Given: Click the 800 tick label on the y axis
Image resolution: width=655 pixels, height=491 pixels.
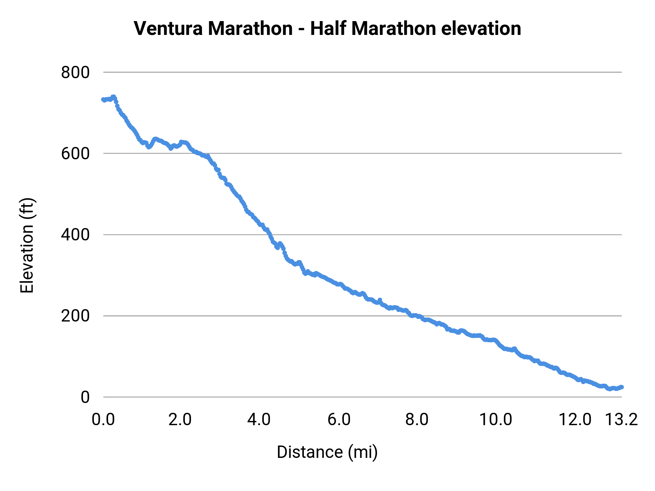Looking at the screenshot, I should tap(75, 72).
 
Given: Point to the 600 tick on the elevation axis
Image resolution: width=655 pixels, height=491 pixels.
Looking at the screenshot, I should tap(75, 153).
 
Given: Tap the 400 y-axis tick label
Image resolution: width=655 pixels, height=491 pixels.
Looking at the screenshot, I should tap(75, 235).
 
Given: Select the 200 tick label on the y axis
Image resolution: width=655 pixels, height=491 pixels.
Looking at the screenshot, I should tap(75, 316).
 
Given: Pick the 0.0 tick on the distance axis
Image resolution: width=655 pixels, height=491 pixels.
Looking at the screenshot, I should tap(103, 419).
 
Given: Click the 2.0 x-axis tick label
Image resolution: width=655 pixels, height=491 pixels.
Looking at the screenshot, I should tap(180, 419).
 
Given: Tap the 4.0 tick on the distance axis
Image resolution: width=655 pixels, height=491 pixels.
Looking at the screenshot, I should tap(259, 419).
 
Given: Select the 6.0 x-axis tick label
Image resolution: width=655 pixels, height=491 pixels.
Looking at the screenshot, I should tap(339, 419).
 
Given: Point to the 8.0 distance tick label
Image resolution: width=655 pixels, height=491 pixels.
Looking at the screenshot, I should tap(417, 419).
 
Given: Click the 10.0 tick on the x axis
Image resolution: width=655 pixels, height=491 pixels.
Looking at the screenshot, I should tap(496, 419).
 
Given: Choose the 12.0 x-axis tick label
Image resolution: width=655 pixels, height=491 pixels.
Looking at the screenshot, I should tap(575, 419).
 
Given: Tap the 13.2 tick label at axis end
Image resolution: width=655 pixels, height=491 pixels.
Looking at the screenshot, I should tap(622, 419).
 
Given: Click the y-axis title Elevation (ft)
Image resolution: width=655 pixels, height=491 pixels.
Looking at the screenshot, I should tap(27, 245).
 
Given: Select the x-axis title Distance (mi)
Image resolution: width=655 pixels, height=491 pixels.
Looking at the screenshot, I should tap(327, 452).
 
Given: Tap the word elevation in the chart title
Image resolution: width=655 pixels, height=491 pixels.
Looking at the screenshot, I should tap(481, 28).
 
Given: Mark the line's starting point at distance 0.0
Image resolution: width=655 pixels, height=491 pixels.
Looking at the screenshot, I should tap(104, 100).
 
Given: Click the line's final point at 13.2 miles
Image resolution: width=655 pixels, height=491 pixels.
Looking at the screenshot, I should tap(622, 387).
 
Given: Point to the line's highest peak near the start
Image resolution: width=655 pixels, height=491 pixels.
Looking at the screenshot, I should tap(113, 97).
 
